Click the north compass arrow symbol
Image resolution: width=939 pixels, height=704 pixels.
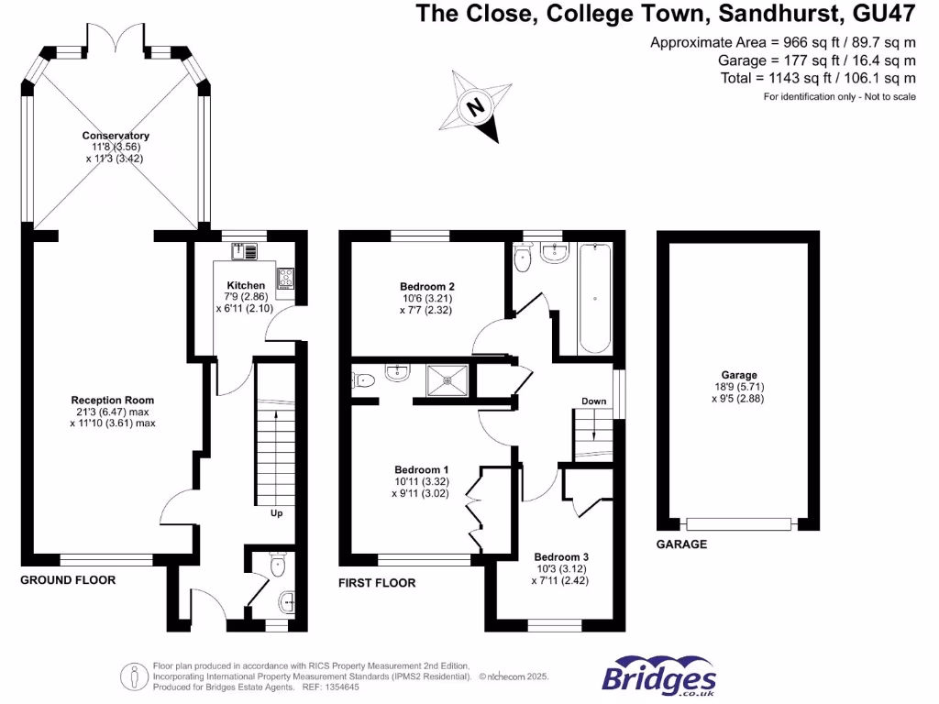[476, 106]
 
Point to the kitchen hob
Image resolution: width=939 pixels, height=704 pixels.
[286, 276]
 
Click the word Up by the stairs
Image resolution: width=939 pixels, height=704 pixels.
[276, 513]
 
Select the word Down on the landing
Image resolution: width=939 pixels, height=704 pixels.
[593, 401]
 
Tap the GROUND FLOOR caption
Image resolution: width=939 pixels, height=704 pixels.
[68, 580]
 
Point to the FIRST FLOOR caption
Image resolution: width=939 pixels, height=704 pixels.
[377, 583]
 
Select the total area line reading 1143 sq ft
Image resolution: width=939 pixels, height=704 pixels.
[818, 79]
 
